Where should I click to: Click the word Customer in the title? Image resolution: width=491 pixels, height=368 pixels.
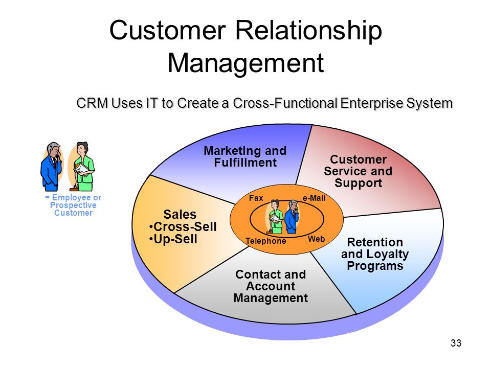pos(168,30)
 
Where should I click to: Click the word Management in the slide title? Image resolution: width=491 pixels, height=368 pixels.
pos(246,63)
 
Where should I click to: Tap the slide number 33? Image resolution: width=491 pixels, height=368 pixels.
pos(456,343)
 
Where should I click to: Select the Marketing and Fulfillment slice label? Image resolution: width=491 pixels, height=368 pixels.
pos(245,156)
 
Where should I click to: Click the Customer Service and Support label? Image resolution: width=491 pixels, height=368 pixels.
pos(358,171)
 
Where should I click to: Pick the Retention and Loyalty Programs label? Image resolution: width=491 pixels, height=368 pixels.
pos(375,254)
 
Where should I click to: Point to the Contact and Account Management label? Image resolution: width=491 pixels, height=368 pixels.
pos(271,286)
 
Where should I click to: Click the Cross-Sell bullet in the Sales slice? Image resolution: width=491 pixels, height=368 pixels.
pos(183,226)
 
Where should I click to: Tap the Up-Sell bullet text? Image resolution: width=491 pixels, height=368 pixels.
pos(173,239)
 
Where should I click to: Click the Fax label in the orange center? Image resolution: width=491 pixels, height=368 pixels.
pos(256,198)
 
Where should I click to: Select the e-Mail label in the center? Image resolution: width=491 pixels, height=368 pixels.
pos(314,198)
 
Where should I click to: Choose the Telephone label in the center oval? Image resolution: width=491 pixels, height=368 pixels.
pos(265,241)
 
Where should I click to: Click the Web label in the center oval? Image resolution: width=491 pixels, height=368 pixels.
pos(316,239)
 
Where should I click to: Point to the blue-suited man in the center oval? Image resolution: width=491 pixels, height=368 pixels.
pos(292,217)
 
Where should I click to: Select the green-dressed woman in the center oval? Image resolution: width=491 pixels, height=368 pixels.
pos(275,217)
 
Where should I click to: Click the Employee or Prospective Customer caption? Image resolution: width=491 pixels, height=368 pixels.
pos(73,205)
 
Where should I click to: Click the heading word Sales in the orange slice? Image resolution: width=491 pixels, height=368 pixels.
pos(180,214)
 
